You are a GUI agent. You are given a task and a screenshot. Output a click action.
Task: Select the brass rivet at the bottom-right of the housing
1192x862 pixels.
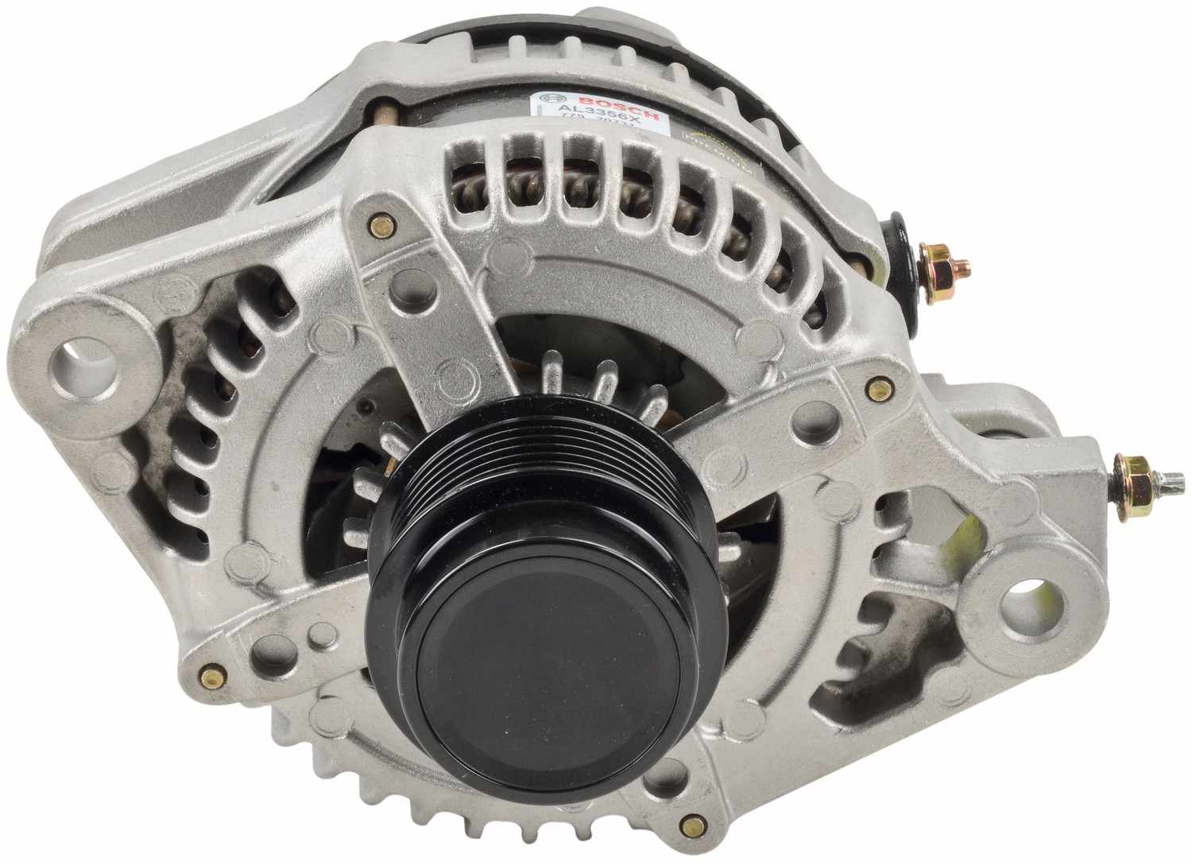pos(698,818)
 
